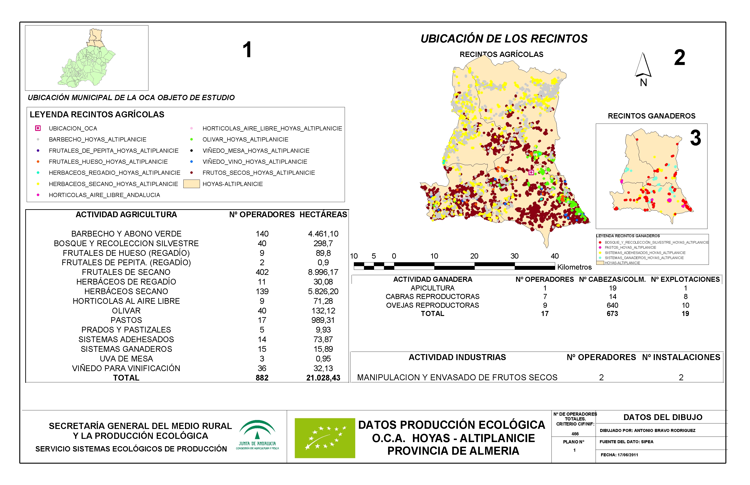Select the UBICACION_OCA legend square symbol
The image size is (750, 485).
tap(38, 128)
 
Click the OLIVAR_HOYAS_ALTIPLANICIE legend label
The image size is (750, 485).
tap(245, 140)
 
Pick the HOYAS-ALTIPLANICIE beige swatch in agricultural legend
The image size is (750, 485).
tap(191, 184)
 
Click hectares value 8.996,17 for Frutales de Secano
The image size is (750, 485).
tap(323, 272)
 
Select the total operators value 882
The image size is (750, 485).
tap(262, 378)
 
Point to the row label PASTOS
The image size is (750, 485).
tap(126, 320)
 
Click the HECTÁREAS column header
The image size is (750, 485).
tap(323, 215)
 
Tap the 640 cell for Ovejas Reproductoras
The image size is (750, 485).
tap(612, 305)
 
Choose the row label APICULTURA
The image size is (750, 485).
tap(432, 288)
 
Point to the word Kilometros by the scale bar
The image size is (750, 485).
tap(574, 267)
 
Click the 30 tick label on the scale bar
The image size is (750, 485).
tap(514, 256)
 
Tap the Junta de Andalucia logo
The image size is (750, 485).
tap(257, 435)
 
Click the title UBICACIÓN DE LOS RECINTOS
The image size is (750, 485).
tap(504, 39)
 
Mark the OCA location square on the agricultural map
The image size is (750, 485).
tap(531, 173)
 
